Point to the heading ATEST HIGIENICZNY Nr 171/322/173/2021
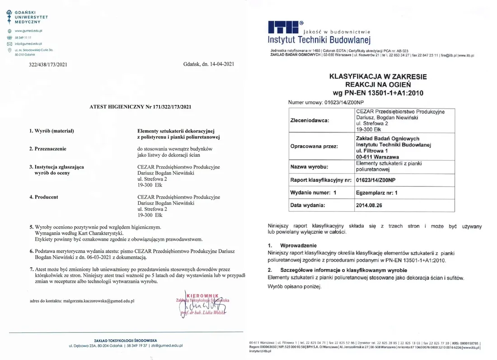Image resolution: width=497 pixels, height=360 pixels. point(141,107)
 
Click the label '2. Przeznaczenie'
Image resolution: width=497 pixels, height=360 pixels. point(47,148)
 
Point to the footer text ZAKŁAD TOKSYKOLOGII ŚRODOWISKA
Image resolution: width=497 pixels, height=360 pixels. point(125,340)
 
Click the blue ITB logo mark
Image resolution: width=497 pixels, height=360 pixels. point(283,27)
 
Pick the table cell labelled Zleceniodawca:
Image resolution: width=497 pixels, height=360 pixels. point(309,121)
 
